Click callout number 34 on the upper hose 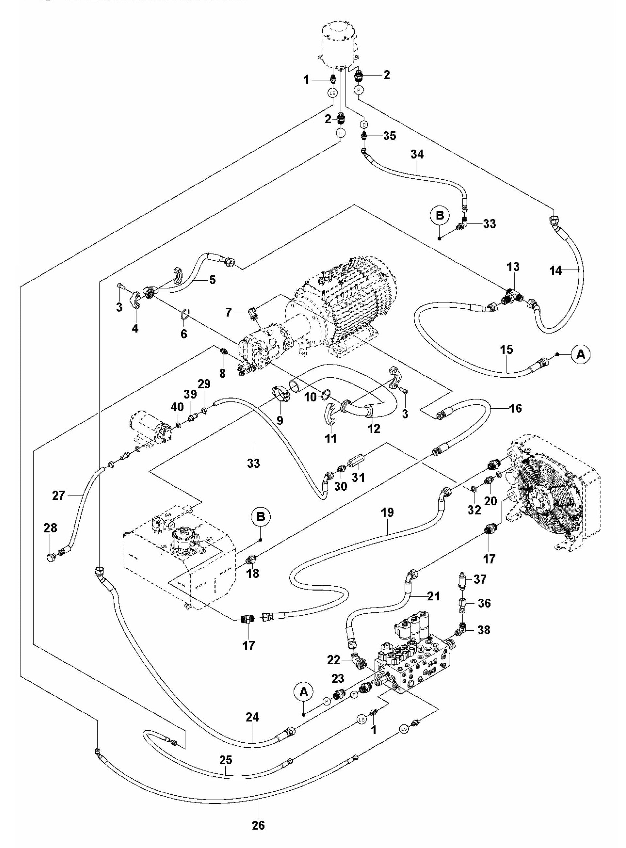coord(417,154)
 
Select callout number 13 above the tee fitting coord(514,267)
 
